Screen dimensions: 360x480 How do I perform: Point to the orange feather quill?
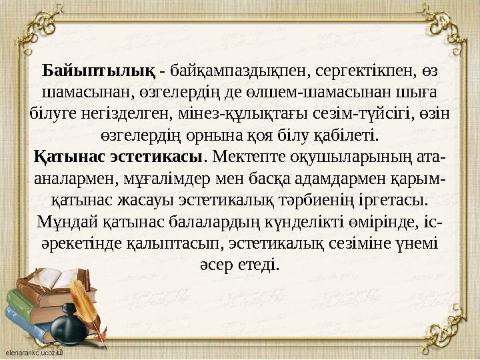[87, 307]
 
